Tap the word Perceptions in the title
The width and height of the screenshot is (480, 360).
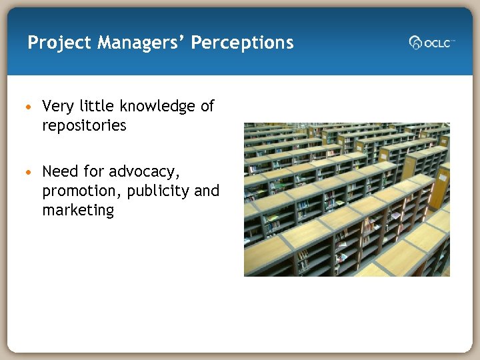242,43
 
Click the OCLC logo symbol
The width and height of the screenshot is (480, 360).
415,43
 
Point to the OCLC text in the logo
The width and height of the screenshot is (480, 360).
437,43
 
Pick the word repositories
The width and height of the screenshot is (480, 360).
84,125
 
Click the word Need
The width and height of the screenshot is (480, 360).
59,171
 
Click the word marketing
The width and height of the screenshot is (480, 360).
78,211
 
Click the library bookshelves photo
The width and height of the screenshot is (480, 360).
347,199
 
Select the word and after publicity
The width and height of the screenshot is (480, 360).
207,191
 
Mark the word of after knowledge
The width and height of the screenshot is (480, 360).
207,106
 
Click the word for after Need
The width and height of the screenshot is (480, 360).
94,171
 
